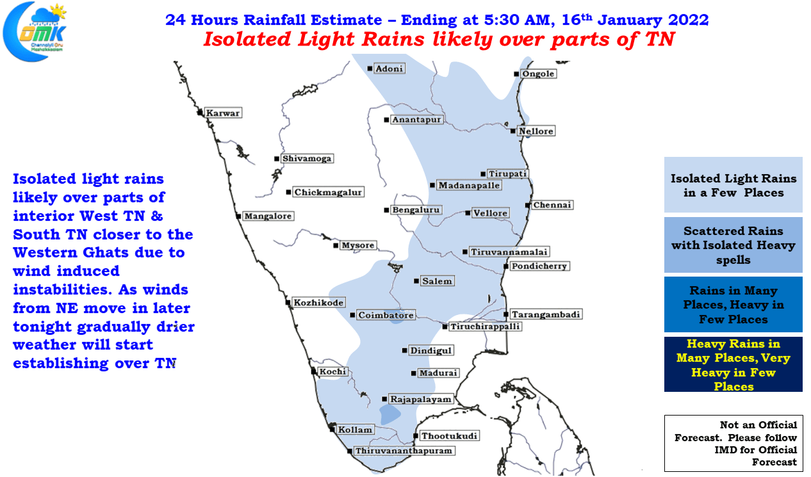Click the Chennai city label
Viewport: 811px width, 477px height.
(552, 205)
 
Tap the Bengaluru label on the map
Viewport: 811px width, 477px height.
(416, 210)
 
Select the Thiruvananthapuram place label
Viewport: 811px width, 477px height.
(404, 451)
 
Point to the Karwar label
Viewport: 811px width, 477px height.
(223, 113)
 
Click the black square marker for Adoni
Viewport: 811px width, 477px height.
(370, 69)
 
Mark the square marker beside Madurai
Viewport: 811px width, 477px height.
(413, 373)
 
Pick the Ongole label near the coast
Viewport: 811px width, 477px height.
(538, 74)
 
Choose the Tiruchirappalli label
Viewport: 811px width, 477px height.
(485, 327)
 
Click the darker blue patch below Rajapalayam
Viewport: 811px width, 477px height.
(389, 414)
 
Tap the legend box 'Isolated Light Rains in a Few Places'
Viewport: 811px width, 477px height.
(733, 184)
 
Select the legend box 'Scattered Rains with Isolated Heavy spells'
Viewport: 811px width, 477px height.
(733, 245)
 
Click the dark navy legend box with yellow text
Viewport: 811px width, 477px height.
(733, 364)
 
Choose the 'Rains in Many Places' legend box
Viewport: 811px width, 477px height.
(733, 305)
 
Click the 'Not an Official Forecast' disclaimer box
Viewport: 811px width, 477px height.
(733, 443)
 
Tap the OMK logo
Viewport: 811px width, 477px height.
(35, 31)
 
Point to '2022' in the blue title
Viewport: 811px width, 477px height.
(688, 20)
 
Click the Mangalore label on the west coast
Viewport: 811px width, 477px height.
(268, 216)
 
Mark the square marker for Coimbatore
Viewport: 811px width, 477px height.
(352, 315)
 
